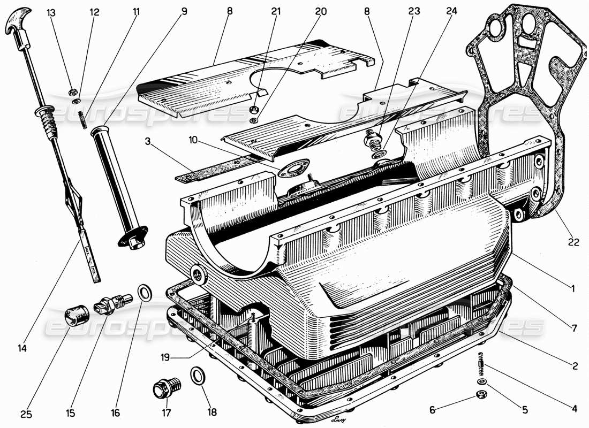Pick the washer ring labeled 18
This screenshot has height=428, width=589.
[197, 375]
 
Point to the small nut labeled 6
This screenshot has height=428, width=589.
[481, 395]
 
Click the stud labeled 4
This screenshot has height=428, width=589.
[480, 365]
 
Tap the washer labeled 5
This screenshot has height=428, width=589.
[481, 381]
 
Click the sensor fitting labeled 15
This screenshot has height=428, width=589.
[109, 305]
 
